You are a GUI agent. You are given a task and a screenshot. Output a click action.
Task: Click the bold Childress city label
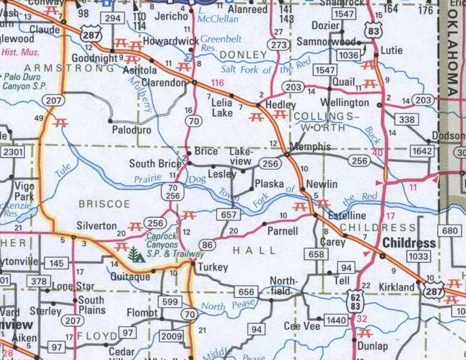(409, 242)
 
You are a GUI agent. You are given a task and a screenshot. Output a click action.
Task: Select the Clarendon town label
(163, 82)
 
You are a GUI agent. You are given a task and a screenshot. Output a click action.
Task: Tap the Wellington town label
(344, 102)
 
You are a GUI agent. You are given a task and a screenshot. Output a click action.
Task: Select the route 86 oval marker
(208, 243)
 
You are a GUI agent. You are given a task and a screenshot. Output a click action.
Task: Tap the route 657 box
(230, 214)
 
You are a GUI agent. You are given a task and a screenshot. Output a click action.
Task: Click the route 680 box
(450, 231)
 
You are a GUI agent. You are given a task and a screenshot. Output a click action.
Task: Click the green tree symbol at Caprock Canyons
(134, 253)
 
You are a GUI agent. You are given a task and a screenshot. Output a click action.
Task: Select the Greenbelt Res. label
(220, 43)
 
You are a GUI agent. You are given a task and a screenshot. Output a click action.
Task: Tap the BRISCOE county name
(104, 204)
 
